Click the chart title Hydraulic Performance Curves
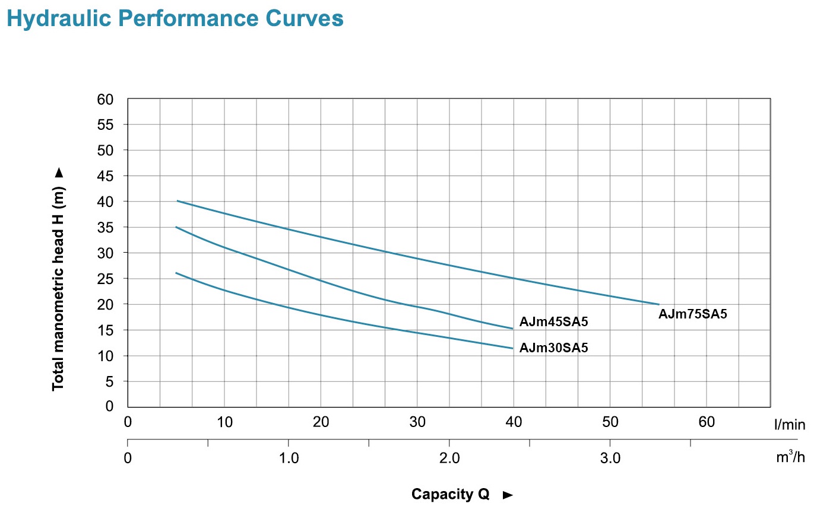175,18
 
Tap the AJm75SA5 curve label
692,314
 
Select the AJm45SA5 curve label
553,322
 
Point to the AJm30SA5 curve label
553,348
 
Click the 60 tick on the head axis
105,100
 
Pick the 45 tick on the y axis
105,176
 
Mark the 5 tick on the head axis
109,381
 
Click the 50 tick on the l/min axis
610,422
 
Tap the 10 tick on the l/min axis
224,422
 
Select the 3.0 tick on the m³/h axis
610,458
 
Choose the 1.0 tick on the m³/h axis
289,458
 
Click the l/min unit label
790,425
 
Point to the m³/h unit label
790,457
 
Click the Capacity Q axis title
451,495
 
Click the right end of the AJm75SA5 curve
658,304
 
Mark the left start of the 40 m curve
177,201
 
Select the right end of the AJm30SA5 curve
512,348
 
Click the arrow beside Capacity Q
508,495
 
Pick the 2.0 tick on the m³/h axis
449,458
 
